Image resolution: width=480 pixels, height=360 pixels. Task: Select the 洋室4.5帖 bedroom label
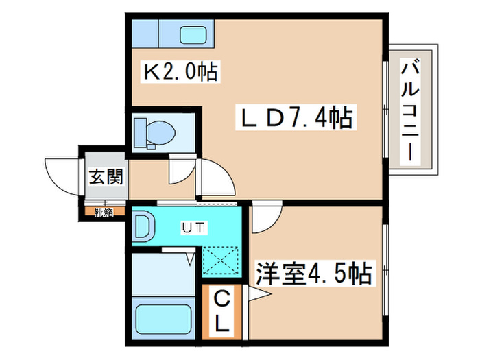click(x=313, y=274)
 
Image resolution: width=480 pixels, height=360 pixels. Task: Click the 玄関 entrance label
click(x=105, y=177)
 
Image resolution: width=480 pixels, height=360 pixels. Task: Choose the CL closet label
click(x=223, y=311)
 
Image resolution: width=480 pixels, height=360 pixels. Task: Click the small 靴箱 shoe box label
click(x=104, y=213)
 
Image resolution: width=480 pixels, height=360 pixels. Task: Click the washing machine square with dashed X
click(x=221, y=261)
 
